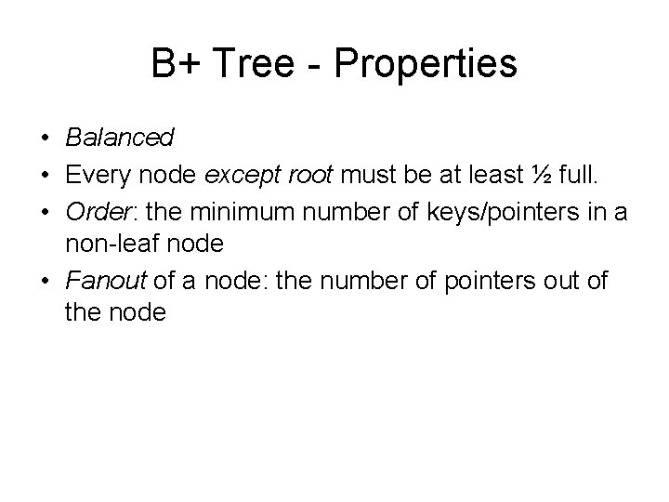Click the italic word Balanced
[x=120, y=139]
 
